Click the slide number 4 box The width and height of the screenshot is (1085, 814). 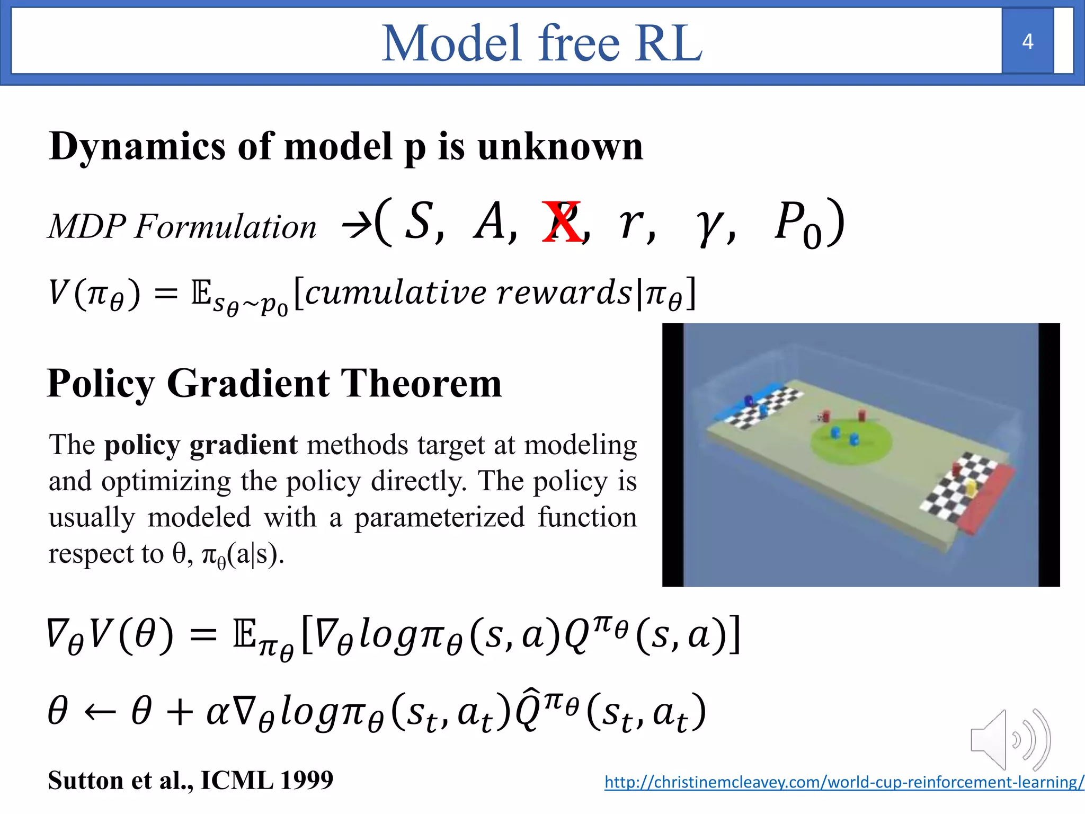pyautogui.click(x=1027, y=41)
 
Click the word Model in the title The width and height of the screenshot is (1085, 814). pyautogui.click(x=450, y=43)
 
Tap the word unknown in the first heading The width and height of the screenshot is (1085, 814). pyautogui.click(x=560, y=146)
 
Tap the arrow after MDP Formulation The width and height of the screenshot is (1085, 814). pyautogui.click(x=356, y=226)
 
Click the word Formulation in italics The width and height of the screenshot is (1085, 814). pyautogui.click(x=225, y=227)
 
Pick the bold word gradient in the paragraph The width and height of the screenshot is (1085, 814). pyautogui.click(x=243, y=445)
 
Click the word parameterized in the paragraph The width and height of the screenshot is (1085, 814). pyautogui.click(x=439, y=518)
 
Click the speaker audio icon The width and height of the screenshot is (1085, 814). pyautogui.click(x=1009, y=739)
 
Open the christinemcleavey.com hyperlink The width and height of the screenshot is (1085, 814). pyautogui.click(x=843, y=782)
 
